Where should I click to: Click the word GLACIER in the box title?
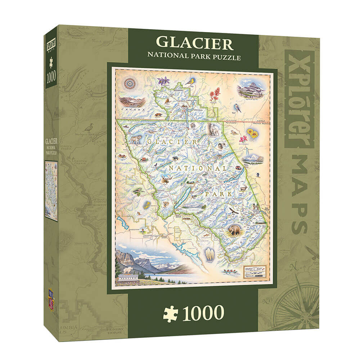pos(195,43)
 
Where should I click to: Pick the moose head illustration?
pos(165,178)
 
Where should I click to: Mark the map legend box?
pos(255,270)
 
